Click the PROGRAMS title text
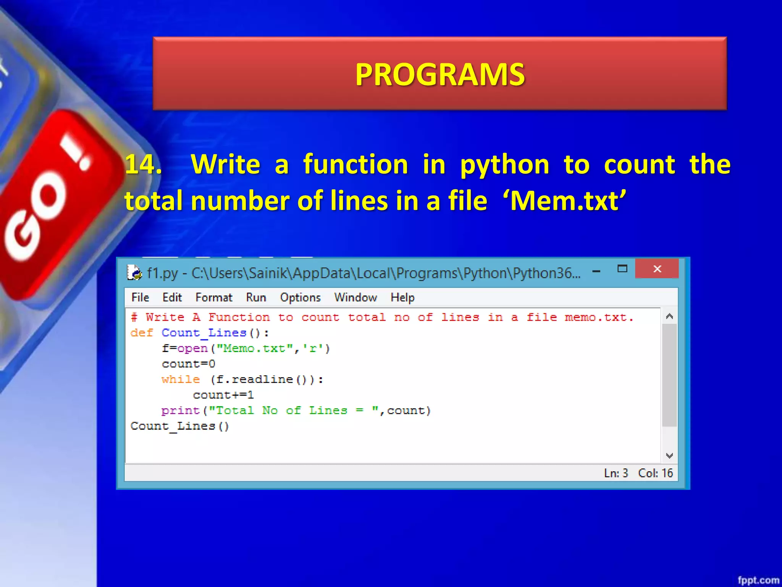click(x=440, y=74)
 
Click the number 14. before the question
click(x=143, y=164)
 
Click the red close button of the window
click(x=657, y=269)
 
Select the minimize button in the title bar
click(x=596, y=271)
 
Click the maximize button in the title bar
click(x=622, y=269)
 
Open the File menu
click(x=140, y=297)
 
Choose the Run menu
click(x=256, y=297)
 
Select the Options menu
click(x=300, y=297)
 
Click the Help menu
click(x=402, y=297)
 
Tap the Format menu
click(x=213, y=297)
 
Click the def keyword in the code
click(x=142, y=333)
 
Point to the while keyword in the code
click(x=181, y=379)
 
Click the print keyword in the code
click(x=181, y=411)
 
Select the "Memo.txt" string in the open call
click(x=255, y=349)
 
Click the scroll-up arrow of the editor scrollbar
click(x=669, y=316)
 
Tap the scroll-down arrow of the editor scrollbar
click(x=669, y=456)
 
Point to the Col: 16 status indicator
click(x=655, y=473)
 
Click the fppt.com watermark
click(x=758, y=580)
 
